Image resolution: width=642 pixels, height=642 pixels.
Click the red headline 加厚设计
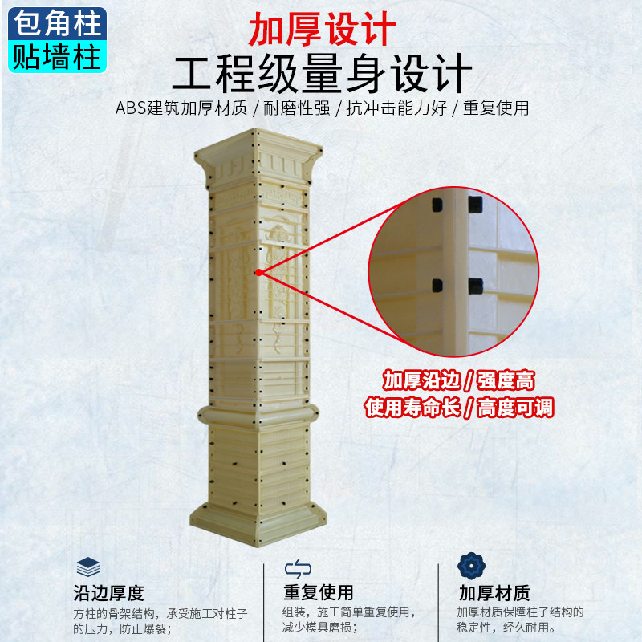pos(323,29)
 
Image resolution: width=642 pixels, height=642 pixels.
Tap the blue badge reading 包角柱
pos(57,24)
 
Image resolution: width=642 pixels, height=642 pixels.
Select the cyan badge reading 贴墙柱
pos(57,56)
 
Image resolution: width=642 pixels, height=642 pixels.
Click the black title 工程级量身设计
pos(323,74)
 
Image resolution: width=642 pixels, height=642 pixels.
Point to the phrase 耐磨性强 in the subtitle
pos(296,108)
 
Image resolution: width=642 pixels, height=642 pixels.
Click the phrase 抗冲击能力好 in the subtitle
pos(396,108)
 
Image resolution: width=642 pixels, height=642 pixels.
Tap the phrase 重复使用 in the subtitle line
pos(496,108)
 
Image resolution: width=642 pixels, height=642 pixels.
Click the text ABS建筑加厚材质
pos(181,108)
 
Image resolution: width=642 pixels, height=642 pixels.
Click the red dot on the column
pos(258,272)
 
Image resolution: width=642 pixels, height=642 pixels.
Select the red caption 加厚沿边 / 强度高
pos(459,380)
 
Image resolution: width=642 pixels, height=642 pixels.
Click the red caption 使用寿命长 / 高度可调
pos(459,408)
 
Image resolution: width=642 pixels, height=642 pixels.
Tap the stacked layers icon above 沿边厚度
pos(88,567)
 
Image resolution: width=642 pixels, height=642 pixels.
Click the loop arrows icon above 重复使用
pos(298,569)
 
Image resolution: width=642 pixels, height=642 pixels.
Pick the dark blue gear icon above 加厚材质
pos(471,566)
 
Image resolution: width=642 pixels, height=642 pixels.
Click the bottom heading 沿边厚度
pos(109,593)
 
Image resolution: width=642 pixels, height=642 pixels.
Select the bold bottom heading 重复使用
pos(319,592)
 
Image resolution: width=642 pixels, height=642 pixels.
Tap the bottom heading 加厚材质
pos(494,592)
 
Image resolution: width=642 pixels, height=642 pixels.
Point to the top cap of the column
pos(258,157)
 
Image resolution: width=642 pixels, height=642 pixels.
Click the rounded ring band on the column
pos(258,416)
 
